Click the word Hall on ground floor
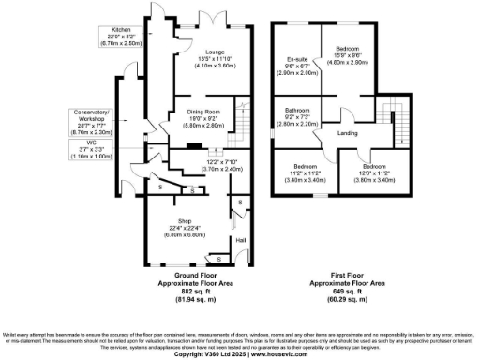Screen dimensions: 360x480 click(x=240, y=239)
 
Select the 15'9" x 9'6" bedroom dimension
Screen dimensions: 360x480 click(x=347, y=53)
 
